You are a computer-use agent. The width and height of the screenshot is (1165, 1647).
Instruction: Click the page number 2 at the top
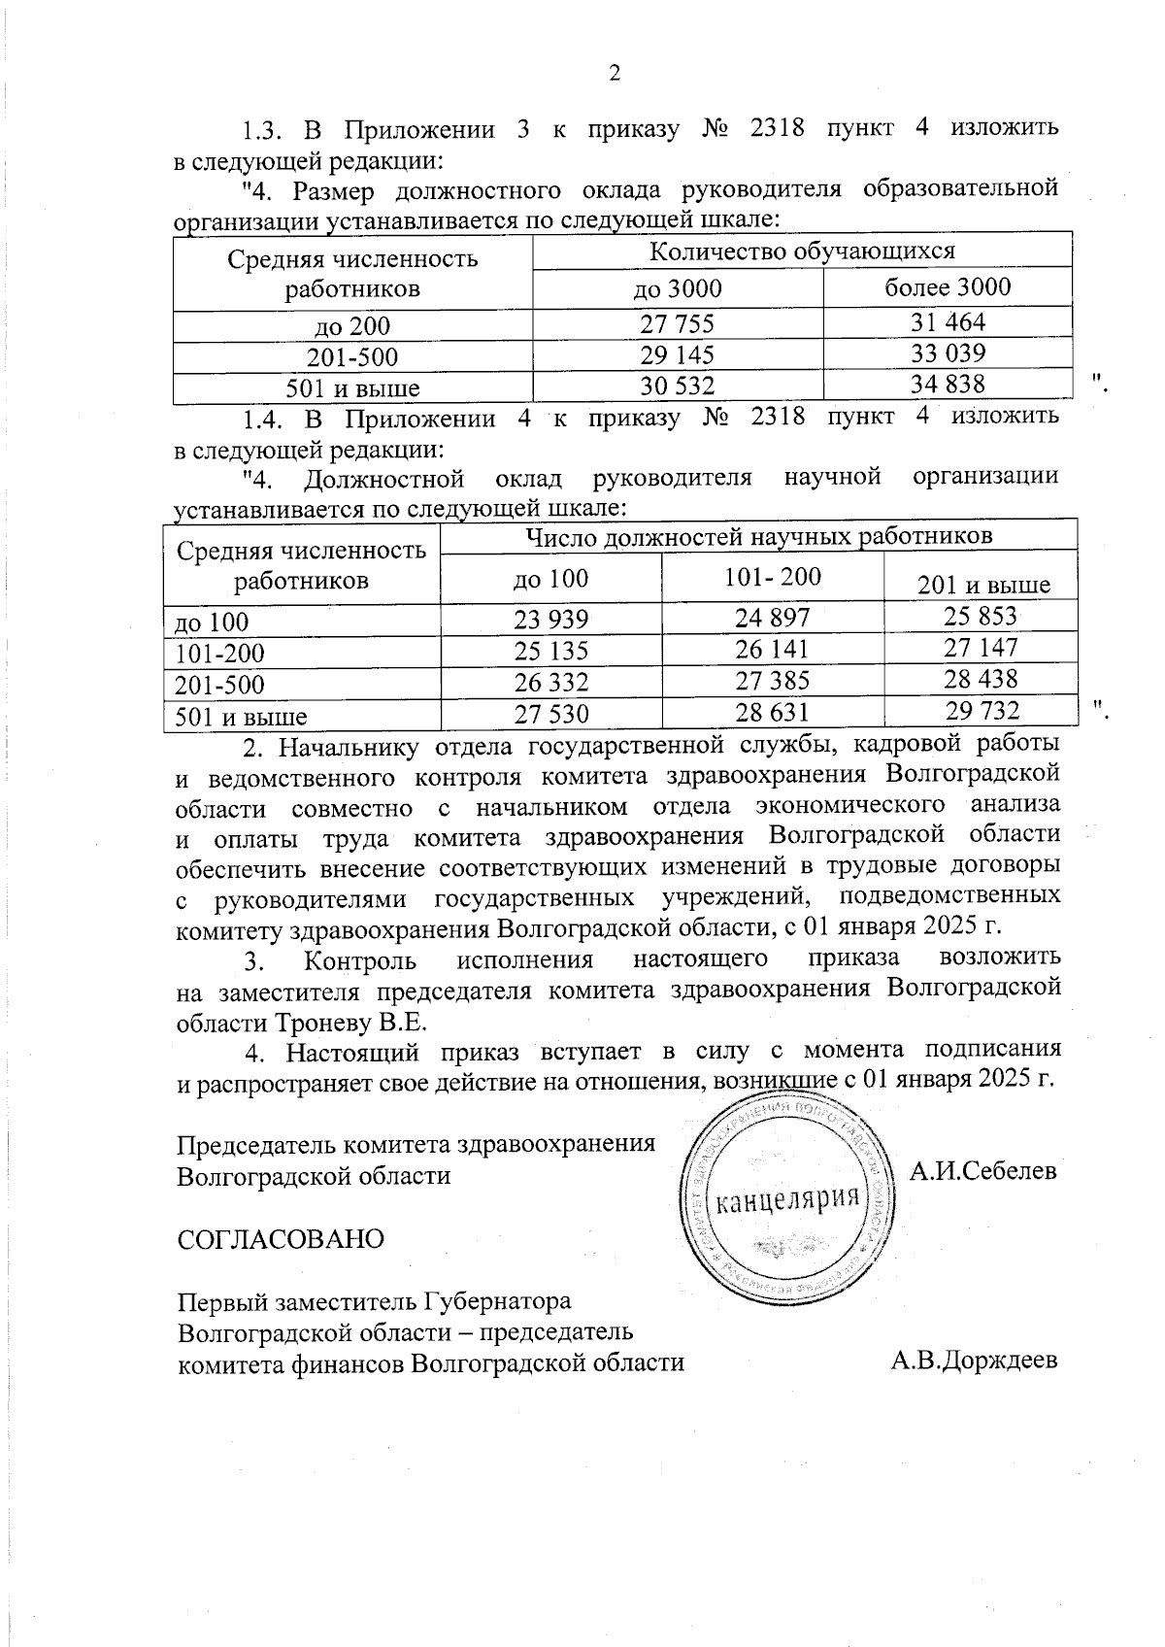[x=613, y=74]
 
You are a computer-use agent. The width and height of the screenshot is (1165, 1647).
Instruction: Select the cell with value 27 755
[x=677, y=323]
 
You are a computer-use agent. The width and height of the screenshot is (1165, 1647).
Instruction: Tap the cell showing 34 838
[x=948, y=385]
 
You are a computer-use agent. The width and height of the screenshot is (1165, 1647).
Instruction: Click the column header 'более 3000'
[x=948, y=287]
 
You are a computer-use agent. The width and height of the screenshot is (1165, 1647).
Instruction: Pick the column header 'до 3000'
[x=678, y=289]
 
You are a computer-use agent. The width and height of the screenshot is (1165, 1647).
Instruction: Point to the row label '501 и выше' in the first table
[x=352, y=389]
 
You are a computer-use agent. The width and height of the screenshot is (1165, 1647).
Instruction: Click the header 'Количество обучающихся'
[x=802, y=252]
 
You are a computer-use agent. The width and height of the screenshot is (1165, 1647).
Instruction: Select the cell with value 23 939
[x=551, y=620]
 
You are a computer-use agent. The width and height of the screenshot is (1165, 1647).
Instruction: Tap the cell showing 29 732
[x=982, y=712]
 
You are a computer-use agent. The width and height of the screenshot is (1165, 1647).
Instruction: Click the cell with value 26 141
[x=772, y=649]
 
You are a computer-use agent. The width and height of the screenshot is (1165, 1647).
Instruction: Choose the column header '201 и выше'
[x=983, y=585]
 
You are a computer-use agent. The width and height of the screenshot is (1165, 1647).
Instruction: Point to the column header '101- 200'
[x=773, y=577]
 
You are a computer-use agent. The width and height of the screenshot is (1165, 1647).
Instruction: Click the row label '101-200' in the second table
[x=219, y=654]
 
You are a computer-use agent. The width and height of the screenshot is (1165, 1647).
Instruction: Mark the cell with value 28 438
[x=982, y=680]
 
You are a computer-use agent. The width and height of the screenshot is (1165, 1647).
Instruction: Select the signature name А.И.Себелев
[x=982, y=1171]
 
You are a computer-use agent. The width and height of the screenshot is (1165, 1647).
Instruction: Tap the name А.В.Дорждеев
[x=974, y=1361]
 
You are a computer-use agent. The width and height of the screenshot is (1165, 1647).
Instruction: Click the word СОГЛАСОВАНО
[x=281, y=1240]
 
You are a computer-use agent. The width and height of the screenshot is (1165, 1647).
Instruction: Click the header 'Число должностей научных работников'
[x=758, y=536]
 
